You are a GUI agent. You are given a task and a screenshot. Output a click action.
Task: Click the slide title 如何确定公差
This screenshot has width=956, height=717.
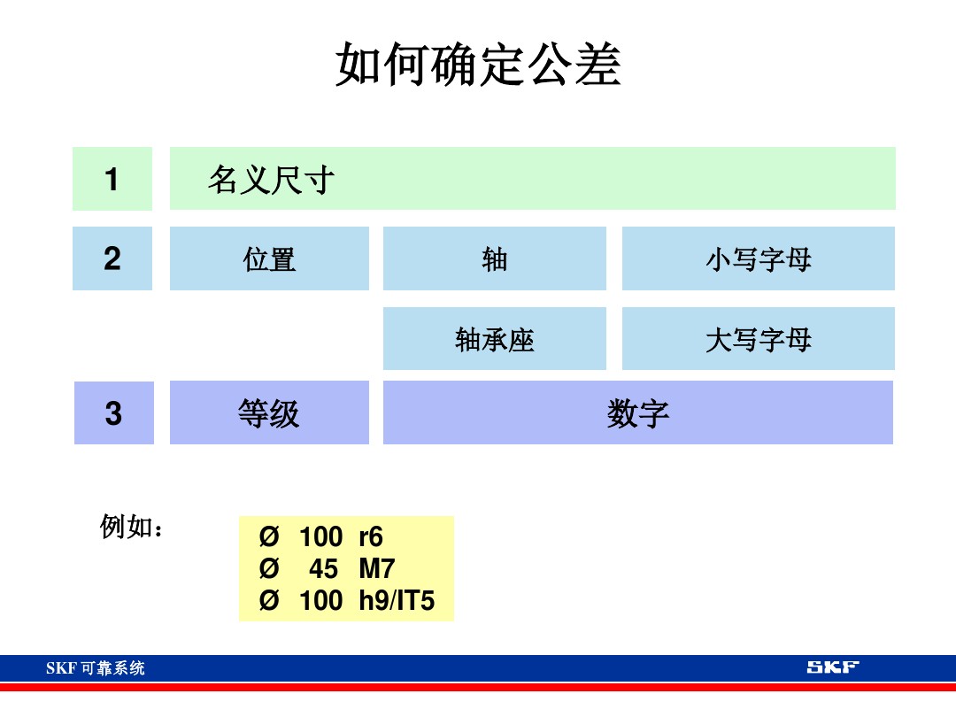point(478,65)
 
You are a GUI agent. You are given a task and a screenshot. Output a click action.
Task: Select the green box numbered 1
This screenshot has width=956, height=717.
point(112,179)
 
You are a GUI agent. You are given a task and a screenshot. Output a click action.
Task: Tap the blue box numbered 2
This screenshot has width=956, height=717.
point(112,258)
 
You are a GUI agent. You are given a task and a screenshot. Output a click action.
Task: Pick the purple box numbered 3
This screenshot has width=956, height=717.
point(113,412)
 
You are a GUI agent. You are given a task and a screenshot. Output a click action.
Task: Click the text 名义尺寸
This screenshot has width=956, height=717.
point(271,180)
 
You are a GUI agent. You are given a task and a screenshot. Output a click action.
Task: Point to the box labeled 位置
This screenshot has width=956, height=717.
point(269,258)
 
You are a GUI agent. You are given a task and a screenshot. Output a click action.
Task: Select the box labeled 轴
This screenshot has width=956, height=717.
point(494,258)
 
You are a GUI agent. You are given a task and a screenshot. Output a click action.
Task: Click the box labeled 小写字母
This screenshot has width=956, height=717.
point(758,258)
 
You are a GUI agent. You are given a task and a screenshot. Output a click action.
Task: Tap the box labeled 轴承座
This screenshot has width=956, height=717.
point(494,338)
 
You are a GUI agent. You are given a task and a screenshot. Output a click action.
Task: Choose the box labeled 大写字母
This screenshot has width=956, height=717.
point(758,338)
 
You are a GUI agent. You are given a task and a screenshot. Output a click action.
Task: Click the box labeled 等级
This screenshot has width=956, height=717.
point(269,412)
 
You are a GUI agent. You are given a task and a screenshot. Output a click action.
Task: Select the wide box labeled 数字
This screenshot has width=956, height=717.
point(637,412)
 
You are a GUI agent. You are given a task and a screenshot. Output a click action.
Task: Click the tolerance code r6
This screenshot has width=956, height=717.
point(371,537)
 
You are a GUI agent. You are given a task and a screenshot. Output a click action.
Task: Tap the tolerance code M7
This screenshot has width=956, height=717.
point(376,569)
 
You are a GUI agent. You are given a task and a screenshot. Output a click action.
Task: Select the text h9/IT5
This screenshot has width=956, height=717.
point(397,601)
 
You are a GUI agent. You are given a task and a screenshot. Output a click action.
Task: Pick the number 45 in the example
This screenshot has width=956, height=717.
point(323,569)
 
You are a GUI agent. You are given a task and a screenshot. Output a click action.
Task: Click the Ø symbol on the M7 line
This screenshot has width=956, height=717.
point(269,569)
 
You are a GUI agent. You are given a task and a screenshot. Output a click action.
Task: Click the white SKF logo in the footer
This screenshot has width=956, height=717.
point(832,667)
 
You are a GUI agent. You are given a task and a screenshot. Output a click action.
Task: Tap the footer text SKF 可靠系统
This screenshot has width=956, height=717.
point(96,668)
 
